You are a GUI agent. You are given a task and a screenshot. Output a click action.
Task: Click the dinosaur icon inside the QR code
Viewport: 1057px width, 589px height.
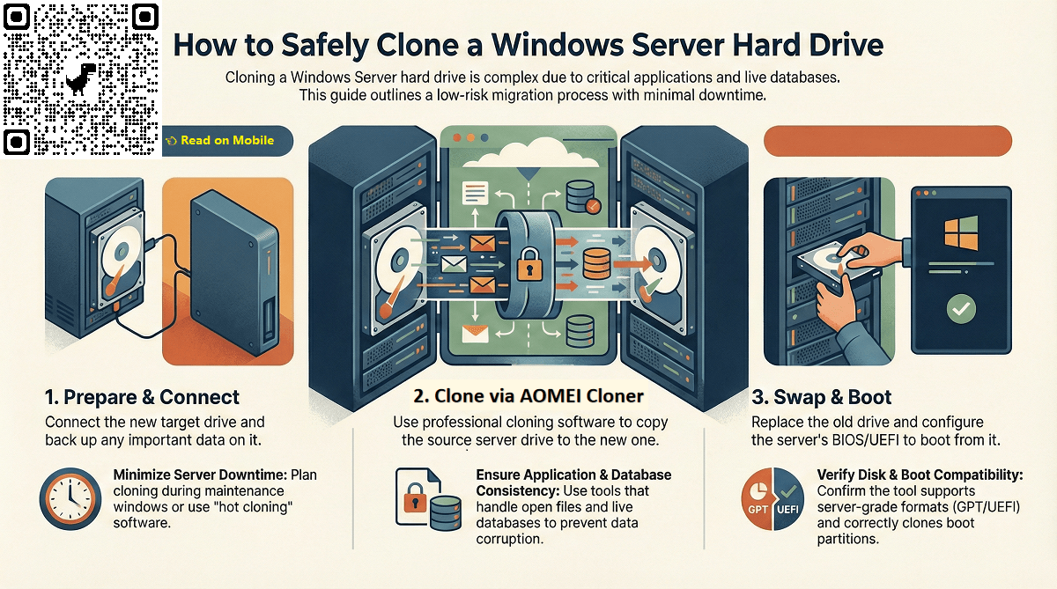(80, 78)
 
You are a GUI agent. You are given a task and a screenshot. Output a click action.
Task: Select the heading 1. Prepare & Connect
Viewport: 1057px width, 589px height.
(142, 397)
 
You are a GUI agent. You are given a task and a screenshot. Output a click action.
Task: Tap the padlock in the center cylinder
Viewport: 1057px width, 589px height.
(528, 261)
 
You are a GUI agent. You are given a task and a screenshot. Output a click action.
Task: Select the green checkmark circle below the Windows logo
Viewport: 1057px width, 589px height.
(959, 309)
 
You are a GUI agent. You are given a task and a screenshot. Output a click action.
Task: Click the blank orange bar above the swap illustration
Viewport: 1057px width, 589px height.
(885, 141)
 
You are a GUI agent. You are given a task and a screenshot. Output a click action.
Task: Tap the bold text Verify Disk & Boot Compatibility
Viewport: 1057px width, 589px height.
(920, 475)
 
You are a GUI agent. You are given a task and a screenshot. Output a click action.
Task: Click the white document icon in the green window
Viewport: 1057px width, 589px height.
(476, 190)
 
